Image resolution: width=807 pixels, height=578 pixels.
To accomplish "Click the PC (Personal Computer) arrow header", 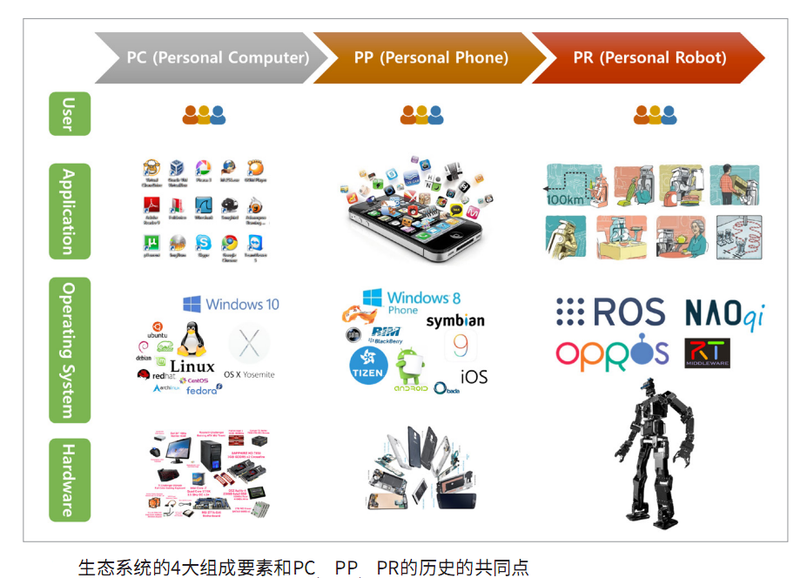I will (218, 58).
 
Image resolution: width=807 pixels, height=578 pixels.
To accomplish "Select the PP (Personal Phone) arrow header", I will (431, 58).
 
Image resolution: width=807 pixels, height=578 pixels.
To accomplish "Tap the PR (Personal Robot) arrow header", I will (649, 58).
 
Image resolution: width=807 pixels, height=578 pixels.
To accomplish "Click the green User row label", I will (70, 114).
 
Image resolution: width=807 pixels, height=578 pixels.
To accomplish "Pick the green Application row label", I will (70, 211).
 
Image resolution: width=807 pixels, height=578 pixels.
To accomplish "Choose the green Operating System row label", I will (70, 349).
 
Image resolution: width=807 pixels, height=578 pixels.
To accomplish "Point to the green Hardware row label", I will (70, 480).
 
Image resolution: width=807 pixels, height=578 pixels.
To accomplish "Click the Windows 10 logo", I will (232, 304).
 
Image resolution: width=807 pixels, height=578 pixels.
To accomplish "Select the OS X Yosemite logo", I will (249, 348).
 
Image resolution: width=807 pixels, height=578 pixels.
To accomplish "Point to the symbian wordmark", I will (455, 321).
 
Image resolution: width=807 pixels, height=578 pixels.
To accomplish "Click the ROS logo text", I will (611, 312).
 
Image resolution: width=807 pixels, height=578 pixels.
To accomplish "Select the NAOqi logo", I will (724, 314).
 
